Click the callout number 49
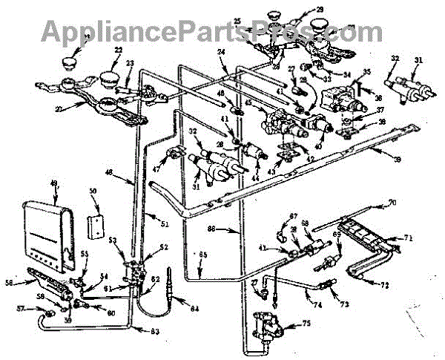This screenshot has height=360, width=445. [53, 185]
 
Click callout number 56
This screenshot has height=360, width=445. [10, 282]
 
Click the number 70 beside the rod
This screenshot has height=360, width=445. [413, 201]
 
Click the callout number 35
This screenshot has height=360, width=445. [365, 73]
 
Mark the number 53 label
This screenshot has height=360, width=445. [114, 241]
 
